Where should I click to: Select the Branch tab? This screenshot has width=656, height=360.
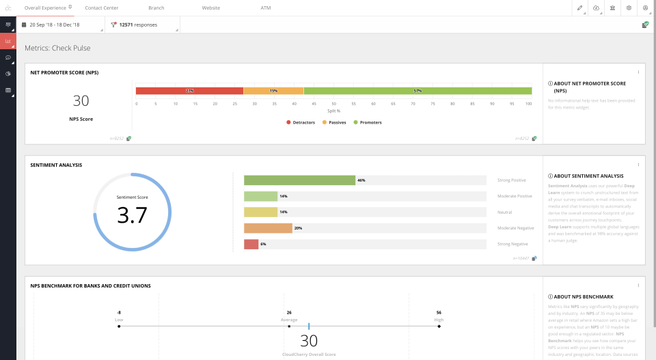coord(156,8)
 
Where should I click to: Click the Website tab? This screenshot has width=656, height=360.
coord(210,8)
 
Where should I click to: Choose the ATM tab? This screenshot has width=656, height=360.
coord(266,8)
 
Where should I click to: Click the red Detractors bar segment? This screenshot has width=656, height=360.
coord(189,91)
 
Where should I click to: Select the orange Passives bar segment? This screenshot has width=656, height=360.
coord(273,91)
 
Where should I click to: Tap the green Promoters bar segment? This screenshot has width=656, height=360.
coord(418,91)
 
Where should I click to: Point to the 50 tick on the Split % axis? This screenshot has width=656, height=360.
coord(333,104)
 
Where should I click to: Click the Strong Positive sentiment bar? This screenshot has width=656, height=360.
coord(299,180)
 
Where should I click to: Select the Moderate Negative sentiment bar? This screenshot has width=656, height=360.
coord(268,228)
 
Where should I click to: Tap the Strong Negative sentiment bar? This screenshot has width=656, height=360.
coord(251,244)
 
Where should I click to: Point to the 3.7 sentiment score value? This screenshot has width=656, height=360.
coord(132,215)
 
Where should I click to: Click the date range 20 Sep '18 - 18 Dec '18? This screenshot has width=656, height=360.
coord(54,25)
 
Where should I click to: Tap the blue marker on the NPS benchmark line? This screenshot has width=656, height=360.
coord(309,327)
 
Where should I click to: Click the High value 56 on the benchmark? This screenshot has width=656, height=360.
coord(439,312)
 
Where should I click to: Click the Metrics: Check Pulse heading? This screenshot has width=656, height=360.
coord(57,49)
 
